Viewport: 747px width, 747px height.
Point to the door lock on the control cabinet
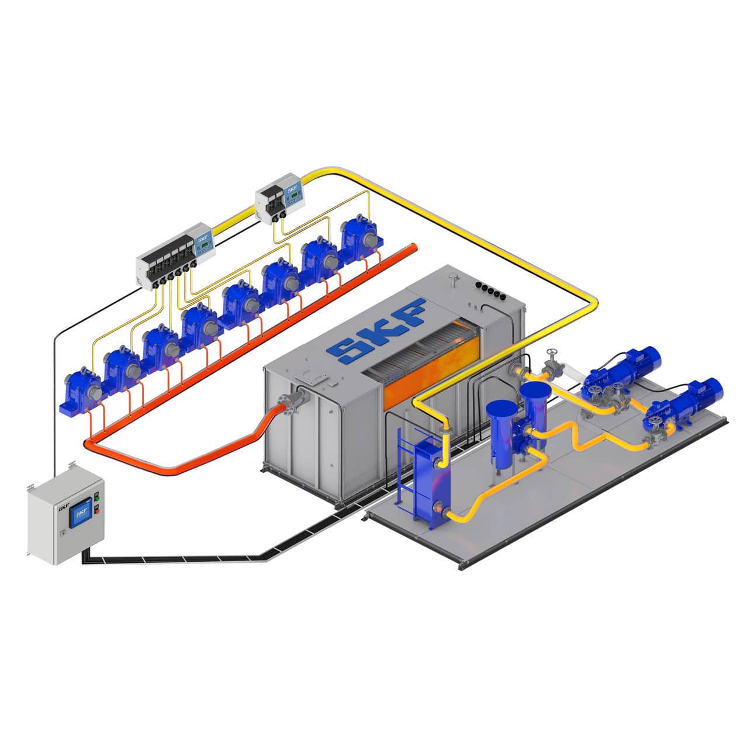[x=63, y=531]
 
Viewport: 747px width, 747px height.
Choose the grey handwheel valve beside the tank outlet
[x=551, y=362]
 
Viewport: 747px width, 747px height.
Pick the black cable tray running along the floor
[x=175, y=558]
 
